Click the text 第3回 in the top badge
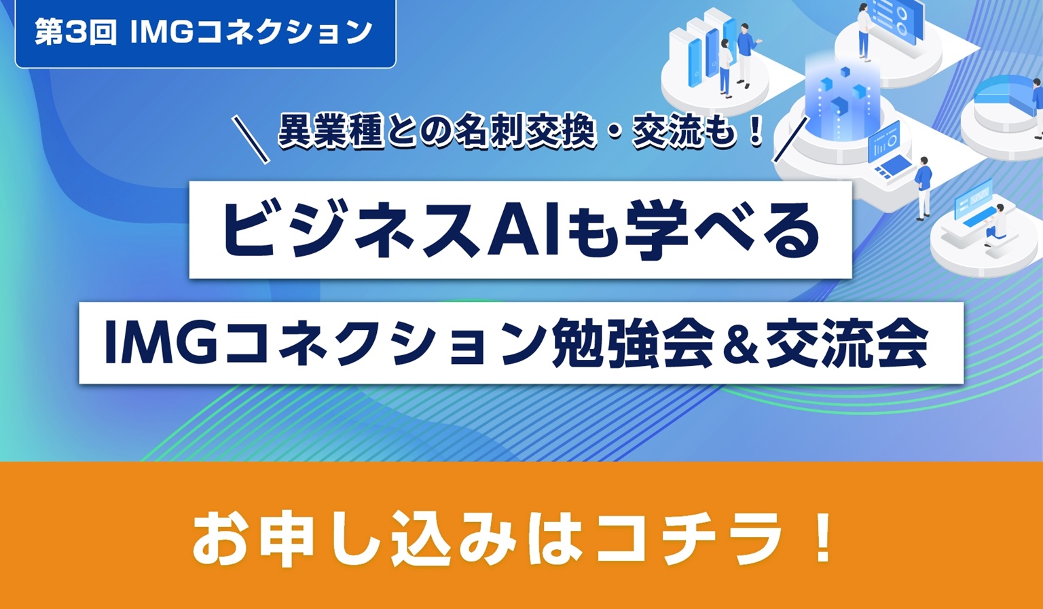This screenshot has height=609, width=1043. click(75, 32)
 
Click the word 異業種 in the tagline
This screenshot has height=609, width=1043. click(331, 131)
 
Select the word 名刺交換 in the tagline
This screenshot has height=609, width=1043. click(527, 131)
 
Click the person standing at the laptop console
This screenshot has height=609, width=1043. click(923, 186)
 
